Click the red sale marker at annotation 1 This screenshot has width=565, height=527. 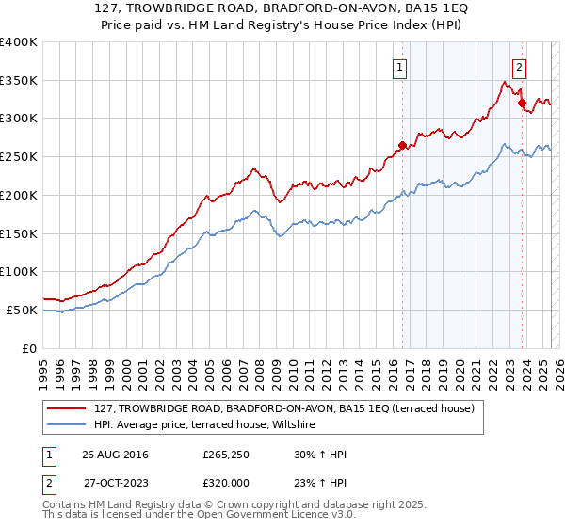coord(402,145)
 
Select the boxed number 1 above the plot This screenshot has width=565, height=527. coord(401,67)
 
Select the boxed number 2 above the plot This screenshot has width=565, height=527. coord(519,67)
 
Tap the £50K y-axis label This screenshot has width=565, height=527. coord(22,310)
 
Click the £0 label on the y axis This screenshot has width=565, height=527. coord(30,348)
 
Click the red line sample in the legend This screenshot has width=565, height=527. coord(68,408)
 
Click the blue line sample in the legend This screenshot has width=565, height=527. coord(68,425)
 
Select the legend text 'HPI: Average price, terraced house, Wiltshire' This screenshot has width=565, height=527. coord(206,425)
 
